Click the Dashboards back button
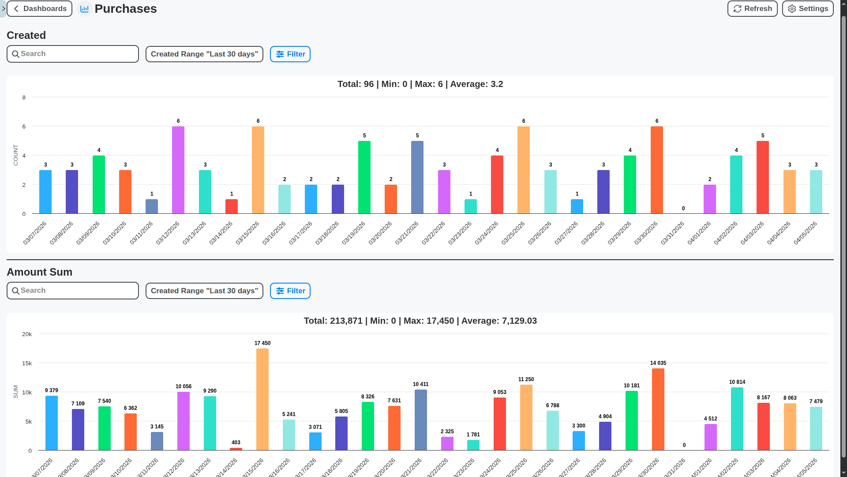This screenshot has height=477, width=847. point(39,9)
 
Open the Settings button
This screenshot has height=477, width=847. point(807,9)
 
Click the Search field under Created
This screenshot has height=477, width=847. point(73,54)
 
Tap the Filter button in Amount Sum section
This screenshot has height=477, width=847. point(290,291)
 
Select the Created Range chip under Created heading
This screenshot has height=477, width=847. point(204,54)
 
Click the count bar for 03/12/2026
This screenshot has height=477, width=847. point(178,170)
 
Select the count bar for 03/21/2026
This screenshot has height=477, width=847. point(417,177)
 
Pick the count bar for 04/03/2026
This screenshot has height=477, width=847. point(762,177)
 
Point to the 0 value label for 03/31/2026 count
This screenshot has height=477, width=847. point(683,208)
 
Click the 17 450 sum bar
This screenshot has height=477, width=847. point(262,399)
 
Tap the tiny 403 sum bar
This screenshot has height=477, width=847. point(236,449)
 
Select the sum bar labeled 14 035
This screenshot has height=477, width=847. point(658,409)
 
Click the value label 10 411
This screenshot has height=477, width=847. point(420,384)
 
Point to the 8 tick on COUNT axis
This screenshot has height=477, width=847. point(24,98)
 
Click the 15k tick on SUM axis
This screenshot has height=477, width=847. point(27,363)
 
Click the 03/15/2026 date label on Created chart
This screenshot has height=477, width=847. point(248,233)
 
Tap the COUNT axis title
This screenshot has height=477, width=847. point(16,155)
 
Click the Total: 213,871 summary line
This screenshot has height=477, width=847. point(420,321)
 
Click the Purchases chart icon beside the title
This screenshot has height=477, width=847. point(84,9)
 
